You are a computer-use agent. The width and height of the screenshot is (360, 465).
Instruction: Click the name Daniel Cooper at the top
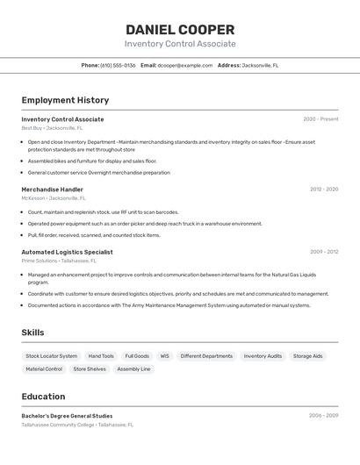point(180,29)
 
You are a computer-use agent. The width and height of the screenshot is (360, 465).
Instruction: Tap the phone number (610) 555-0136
point(118,65)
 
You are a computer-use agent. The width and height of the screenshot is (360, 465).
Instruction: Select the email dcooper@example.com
point(185,65)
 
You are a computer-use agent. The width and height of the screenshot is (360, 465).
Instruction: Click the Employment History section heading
point(65,100)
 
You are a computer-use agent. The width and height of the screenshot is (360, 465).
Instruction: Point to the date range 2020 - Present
point(320,119)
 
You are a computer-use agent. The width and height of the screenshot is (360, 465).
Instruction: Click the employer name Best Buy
point(31,128)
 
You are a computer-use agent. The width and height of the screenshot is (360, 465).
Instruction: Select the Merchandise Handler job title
point(53,190)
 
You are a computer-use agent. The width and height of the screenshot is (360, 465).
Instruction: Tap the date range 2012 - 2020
point(323,190)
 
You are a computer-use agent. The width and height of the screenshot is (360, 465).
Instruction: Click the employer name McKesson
point(32,198)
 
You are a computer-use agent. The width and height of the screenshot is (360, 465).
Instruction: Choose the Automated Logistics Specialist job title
point(67,252)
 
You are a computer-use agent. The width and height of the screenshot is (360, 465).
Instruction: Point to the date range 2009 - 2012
point(323,252)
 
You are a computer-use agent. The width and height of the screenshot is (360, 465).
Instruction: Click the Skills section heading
point(32,333)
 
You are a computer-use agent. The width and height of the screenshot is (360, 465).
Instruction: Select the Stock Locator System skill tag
point(51,356)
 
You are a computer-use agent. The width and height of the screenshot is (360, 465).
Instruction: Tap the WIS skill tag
point(164,356)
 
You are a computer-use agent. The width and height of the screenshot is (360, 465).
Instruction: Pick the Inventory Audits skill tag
point(263,356)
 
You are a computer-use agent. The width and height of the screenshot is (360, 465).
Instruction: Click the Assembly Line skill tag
point(133,369)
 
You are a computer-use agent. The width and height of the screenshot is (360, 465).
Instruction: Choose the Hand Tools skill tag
point(101,356)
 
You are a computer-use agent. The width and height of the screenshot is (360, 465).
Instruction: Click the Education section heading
point(43,397)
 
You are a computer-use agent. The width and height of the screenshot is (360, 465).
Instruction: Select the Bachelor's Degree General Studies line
point(67,416)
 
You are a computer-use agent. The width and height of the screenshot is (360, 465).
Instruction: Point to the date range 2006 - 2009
point(323,416)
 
